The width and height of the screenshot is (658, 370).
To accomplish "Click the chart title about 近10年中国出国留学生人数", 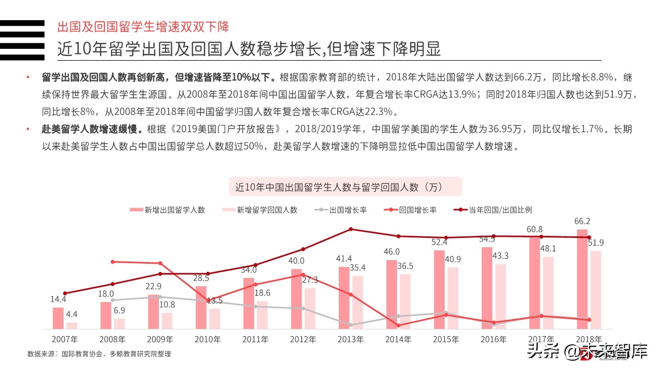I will (345, 187).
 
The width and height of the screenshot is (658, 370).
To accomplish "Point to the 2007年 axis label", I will (65, 340).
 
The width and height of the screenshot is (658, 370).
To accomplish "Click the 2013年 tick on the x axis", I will (351, 340).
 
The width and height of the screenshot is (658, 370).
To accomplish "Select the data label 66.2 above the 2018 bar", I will (582, 221).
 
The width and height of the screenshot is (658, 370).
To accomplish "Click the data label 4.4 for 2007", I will (72, 314).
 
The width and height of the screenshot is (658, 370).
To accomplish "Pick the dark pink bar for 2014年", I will (392, 294).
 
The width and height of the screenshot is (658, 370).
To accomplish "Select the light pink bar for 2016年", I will (501, 296).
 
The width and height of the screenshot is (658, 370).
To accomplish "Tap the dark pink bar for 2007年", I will (58, 318).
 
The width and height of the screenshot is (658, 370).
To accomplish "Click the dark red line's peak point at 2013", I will (351, 229).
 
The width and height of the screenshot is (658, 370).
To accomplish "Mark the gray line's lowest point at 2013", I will (351, 325).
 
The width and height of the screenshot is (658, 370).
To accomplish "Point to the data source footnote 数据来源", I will (99, 354).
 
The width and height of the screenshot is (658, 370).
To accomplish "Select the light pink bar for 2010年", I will (215, 318).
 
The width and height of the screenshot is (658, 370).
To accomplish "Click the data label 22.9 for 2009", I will (153, 286).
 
